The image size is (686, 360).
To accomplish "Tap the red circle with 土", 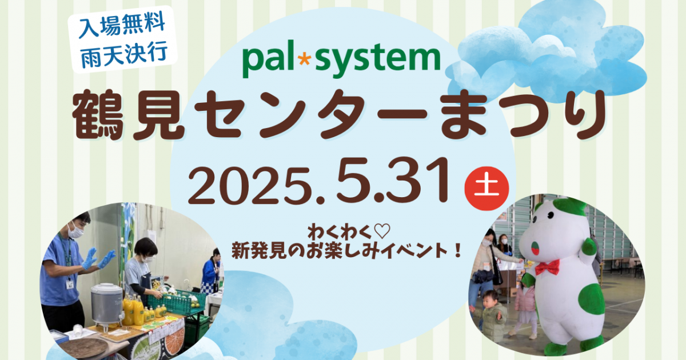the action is [x=486, y=188].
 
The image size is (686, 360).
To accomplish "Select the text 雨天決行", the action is [x=123, y=54].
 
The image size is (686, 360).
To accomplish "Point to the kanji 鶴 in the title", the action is [x=98, y=115].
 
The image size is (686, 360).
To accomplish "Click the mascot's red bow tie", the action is [x=547, y=267].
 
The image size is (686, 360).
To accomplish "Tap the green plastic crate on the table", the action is [x=177, y=301].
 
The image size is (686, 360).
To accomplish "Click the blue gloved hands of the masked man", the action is [x=97, y=259].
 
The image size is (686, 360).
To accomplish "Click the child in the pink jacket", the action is [x=526, y=306].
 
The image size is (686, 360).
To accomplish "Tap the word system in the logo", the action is [x=378, y=59].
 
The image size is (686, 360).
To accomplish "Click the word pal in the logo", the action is [x=268, y=59].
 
